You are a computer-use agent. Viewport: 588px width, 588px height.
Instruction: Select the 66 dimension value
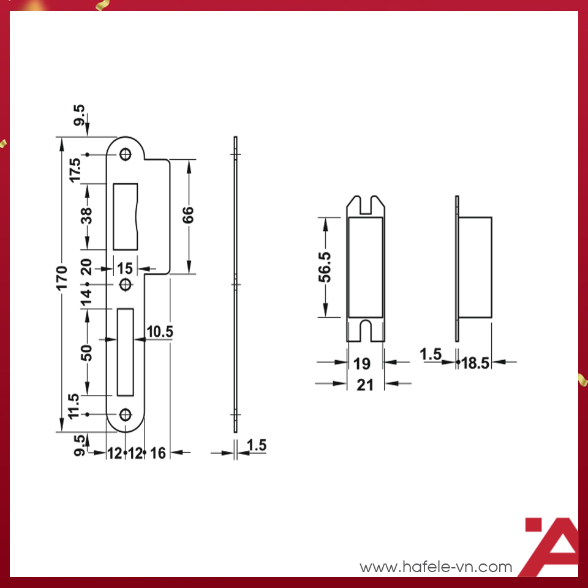click(x=188, y=215)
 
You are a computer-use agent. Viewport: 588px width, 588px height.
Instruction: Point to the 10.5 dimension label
click(x=160, y=331)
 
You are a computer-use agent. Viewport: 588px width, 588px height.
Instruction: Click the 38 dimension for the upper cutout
click(x=87, y=216)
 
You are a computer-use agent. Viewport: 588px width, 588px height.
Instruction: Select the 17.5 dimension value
click(x=75, y=170)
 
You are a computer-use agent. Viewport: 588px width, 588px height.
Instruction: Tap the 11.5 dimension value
click(x=75, y=406)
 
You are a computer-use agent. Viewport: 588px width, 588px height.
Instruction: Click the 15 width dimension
click(x=125, y=268)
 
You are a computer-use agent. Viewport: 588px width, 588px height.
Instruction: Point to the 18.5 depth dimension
click(x=475, y=363)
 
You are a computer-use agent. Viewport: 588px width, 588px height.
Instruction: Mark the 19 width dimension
click(x=363, y=363)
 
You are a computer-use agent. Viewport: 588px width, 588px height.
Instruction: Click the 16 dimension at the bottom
click(x=157, y=453)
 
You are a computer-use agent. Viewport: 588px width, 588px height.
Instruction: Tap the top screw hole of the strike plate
click(x=126, y=154)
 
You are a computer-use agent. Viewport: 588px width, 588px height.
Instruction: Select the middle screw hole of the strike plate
click(x=126, y=285)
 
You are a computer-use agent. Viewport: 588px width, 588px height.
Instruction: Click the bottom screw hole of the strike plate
click(x=126, y=415)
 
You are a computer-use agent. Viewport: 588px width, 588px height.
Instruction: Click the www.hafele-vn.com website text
click(x=435, y=567)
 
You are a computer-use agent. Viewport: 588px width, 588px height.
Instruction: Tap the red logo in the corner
click(x=551, y=546)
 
